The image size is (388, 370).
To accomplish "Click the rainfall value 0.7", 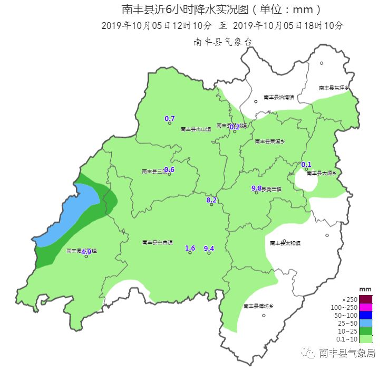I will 170,118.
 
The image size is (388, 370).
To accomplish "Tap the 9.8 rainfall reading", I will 257,188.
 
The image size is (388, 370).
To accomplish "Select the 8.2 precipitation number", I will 211,200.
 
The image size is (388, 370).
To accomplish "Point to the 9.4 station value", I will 209,248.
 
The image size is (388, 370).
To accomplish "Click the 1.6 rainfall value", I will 190,248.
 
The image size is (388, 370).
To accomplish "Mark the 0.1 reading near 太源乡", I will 306,164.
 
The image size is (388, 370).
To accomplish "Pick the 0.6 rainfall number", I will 169,169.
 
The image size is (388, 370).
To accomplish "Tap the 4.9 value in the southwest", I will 86,251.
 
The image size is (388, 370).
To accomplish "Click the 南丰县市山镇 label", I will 196,129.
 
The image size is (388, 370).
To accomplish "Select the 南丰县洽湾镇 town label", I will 279,98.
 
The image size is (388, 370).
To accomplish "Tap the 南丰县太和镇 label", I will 285,243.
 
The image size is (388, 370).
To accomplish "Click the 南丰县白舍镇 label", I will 157,242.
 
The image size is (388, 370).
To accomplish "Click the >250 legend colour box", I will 365,299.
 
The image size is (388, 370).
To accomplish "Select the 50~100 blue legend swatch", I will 365,315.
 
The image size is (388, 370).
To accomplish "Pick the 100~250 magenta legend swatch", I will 365,307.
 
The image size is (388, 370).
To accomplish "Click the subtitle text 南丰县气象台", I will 221,42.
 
